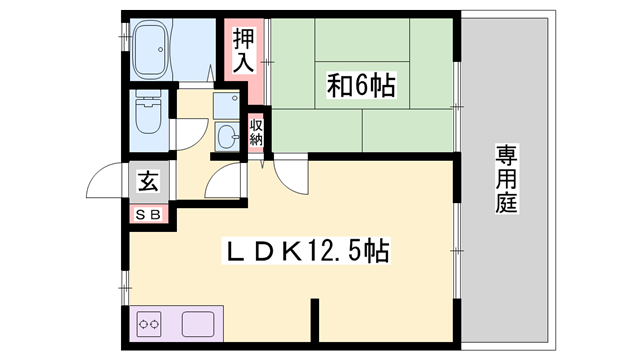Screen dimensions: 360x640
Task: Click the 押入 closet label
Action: click(244, 52)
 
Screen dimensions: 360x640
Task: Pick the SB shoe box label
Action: click(147, 213)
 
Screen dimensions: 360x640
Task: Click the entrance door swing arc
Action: click(104, 181)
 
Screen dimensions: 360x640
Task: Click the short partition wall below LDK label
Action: click(315, 319)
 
